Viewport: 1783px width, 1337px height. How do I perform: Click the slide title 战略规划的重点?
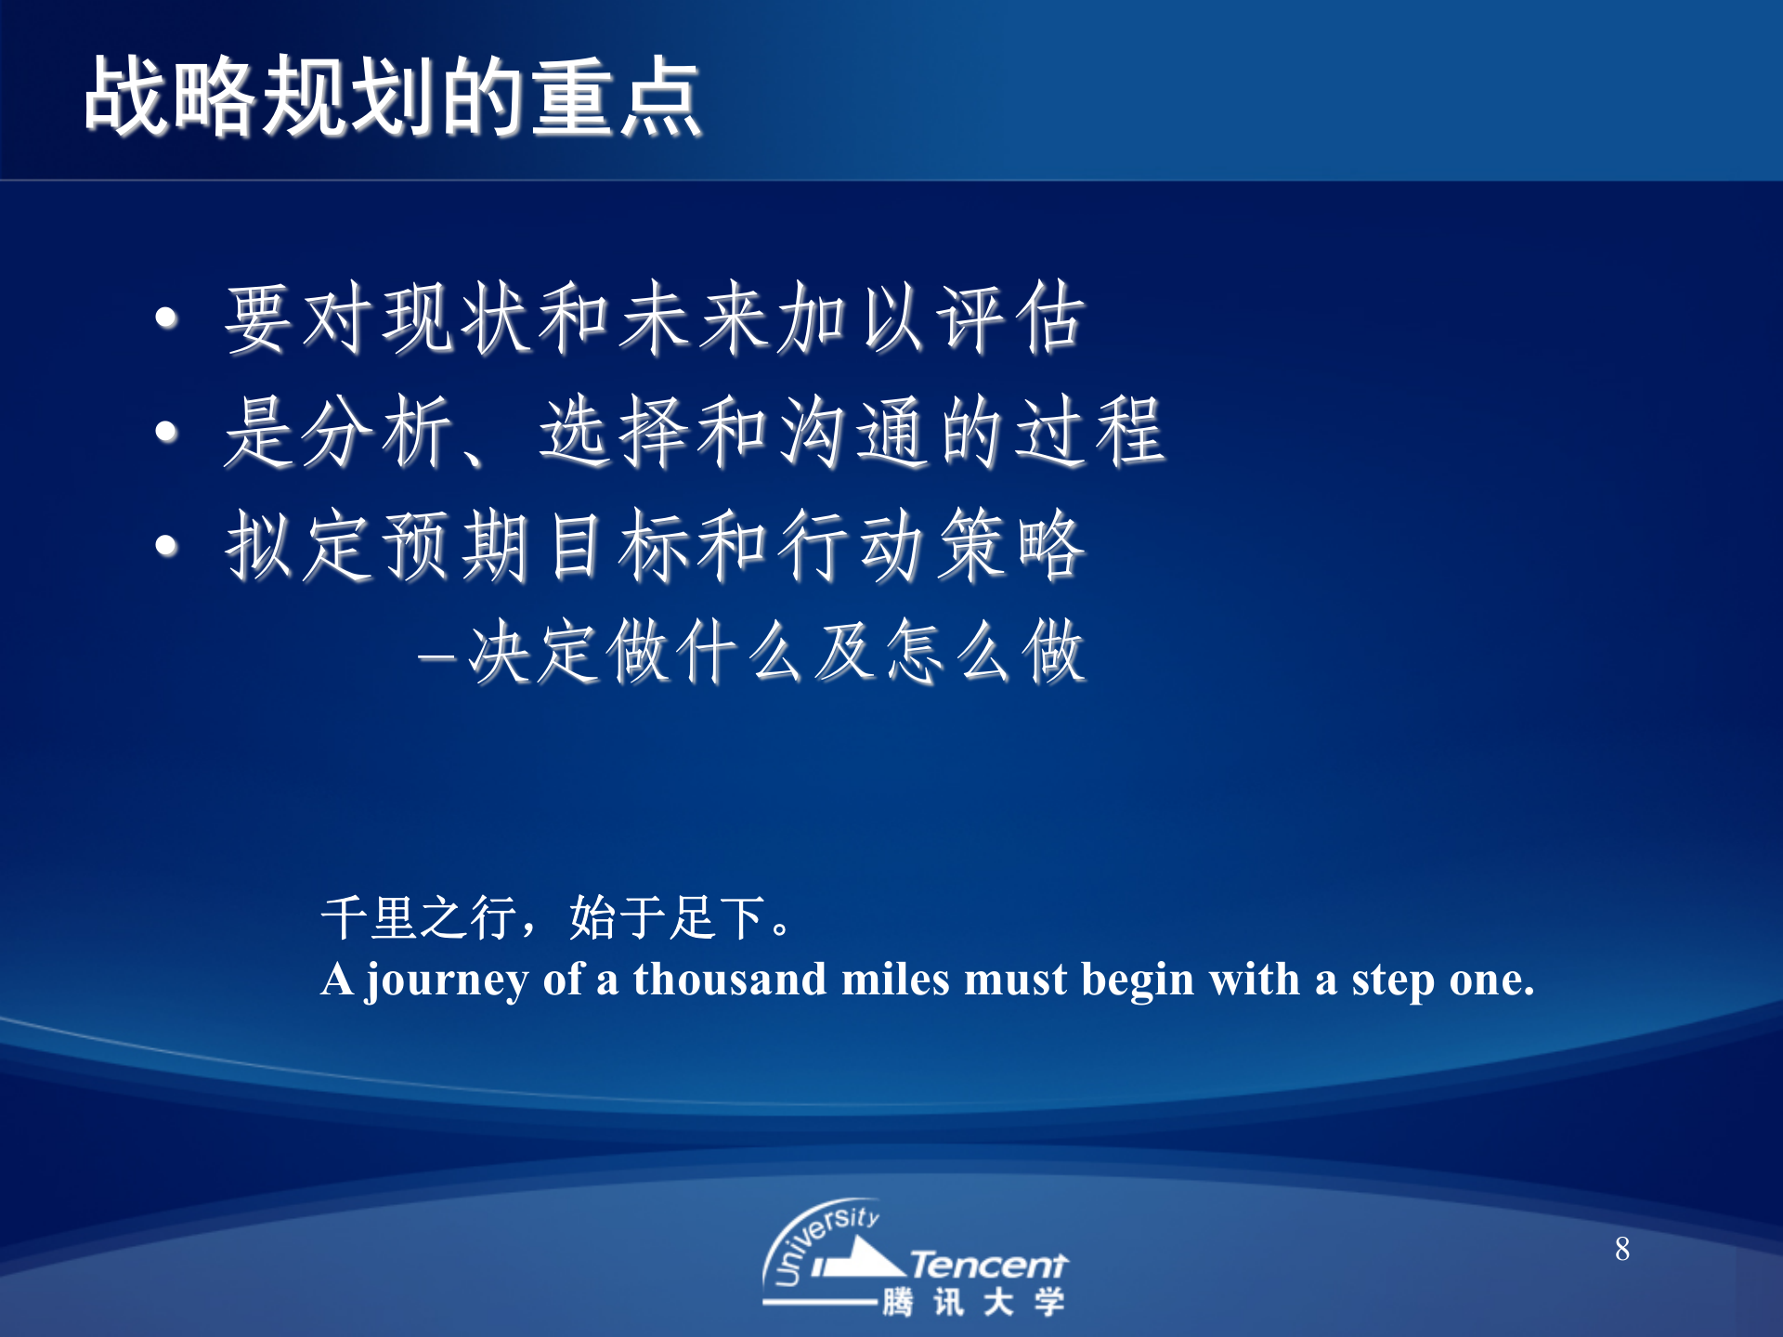[392, 97]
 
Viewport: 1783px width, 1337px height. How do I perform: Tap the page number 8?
[1621, 1249]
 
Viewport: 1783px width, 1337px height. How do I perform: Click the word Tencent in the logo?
[988, 1265]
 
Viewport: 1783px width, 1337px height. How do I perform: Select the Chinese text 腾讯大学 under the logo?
[973, 1302]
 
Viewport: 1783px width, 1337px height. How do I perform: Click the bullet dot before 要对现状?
[166, 318]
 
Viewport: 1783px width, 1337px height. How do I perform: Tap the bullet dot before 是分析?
[166, 432]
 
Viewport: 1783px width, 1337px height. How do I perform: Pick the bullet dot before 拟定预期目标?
[166, 545]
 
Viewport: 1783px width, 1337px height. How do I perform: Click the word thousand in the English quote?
[729, 980]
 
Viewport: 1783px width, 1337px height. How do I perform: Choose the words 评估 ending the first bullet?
[1010, 318]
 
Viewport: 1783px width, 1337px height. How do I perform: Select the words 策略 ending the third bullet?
[1010, 546]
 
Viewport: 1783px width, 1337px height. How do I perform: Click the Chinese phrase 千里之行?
[419, 917]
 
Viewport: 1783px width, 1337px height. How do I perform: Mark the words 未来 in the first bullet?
[696, 318]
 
